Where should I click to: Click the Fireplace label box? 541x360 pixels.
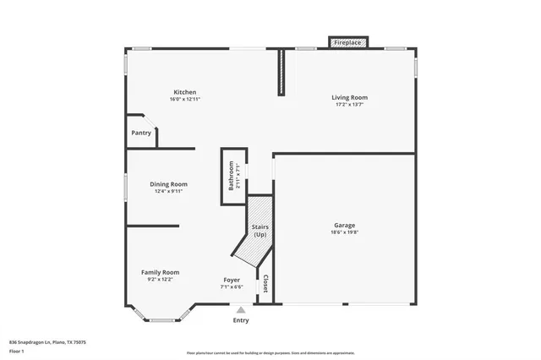pyautogui.click(x=347, y=42)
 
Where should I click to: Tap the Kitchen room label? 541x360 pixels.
pyautogui.click(x=184, y=92)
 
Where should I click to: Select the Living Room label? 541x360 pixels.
pyautogui.click(x=349, y=98)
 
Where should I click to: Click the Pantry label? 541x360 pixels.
pyautogui.click(x=141, y=133)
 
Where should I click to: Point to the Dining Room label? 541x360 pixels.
pyautogui.click(x=168, y=183)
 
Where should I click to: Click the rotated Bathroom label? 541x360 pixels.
pyautogui.click(x=231, y=176)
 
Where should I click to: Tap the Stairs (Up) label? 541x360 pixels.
pyautogui.click(x=260, y=231)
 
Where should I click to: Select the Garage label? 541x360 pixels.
pyautogui.click(x=344, y=225)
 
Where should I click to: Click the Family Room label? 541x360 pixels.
pyautogui.click(x=160, y=271)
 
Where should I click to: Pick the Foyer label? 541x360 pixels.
pyautogui.click(x=232, y=280)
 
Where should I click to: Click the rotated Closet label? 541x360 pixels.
pyautogui.click(x=265, y=284)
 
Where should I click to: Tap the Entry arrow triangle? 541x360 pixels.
pyautogui.click(x=241, y=310)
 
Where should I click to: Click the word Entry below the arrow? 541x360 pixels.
pyautogui.click(x=241, y=320)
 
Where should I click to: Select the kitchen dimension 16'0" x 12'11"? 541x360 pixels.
pyautogui.click(x=184, y=100)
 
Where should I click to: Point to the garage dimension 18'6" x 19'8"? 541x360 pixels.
pyautogui.click(x=344, y=232)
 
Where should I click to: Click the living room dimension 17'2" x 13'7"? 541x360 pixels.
pyautogui.click(x=349, y=106)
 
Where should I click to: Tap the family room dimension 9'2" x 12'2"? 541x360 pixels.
pyautogui.click(x=160, y=279)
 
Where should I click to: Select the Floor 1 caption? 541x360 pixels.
pyautogui.click(x=16, y=351)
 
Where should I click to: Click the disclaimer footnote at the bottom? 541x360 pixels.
pyautogui.click(x=270, y=353)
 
